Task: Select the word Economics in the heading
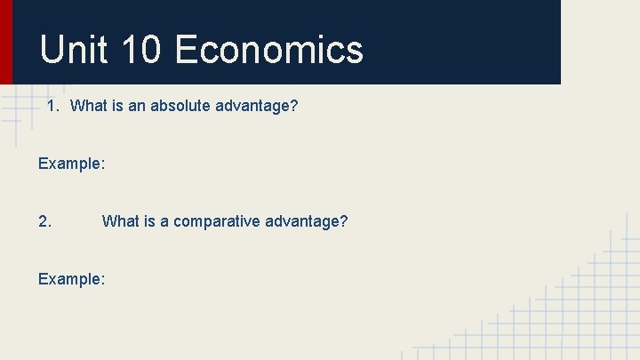click(269, 50)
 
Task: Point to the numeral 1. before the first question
click(53, 107)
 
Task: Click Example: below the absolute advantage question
click(72, 164)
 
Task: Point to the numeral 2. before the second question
click(45, 221)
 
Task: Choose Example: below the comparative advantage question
click(72, 279)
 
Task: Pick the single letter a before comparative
click(164, 221)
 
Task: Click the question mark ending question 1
click(294, 107)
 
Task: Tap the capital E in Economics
click(187, 50)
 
